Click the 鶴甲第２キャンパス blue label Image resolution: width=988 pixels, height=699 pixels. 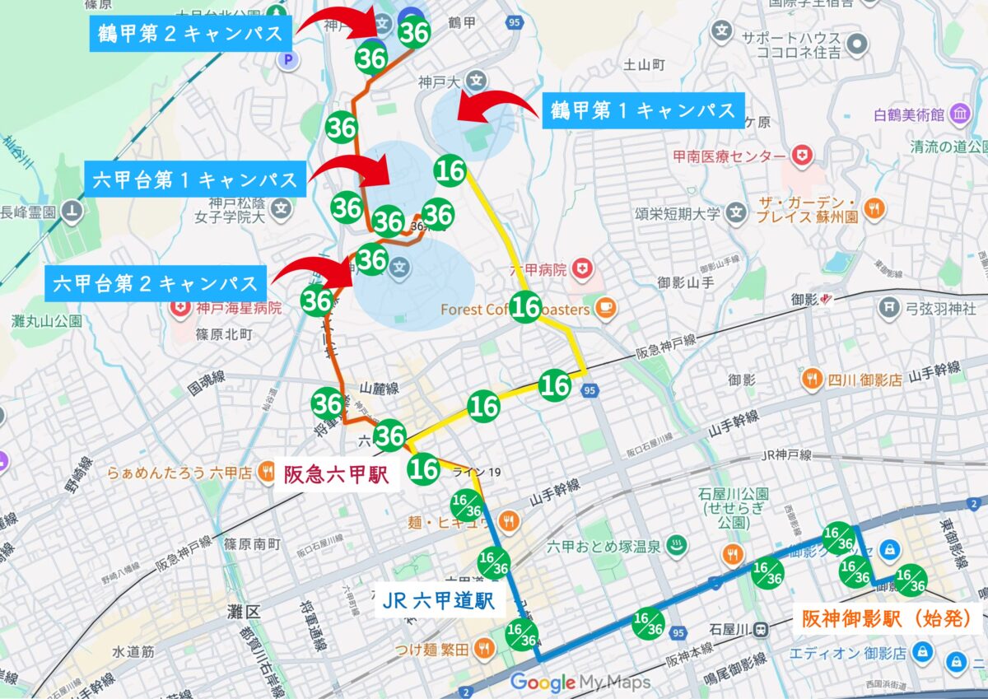189,34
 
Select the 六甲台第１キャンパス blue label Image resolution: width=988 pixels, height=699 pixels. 195,179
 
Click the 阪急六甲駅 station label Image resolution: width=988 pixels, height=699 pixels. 336,475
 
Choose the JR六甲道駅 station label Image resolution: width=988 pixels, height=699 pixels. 439,601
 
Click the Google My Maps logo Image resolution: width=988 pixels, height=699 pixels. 580,683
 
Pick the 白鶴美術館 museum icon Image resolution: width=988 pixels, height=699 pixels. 959,116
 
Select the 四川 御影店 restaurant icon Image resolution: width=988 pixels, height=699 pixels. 812,380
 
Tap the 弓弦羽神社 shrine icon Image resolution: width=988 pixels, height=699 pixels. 889,309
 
